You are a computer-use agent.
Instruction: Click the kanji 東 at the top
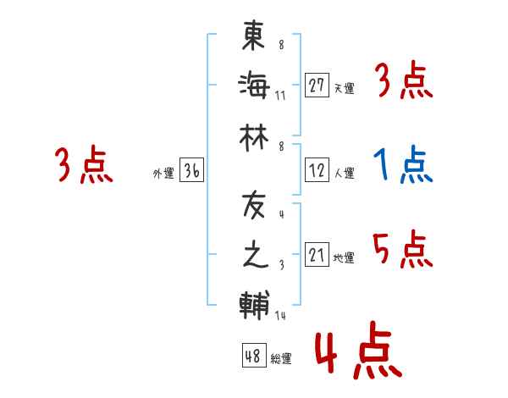(255, 36)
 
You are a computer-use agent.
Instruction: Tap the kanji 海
(255, 85)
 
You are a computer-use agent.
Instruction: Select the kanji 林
(255, 132)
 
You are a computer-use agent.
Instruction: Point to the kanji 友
(255, 206)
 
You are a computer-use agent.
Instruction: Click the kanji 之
(255, 254)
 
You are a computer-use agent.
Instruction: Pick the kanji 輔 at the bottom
(255, 302)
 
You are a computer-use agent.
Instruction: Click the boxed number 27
(317, 85)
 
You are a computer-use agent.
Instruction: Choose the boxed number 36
(191, 171)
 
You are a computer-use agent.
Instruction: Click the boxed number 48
(252, 356)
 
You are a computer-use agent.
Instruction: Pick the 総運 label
(281, 359)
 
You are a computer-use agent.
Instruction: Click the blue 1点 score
(402, 165)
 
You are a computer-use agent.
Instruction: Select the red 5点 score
(402, 250)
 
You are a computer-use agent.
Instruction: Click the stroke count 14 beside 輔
(281, 317)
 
